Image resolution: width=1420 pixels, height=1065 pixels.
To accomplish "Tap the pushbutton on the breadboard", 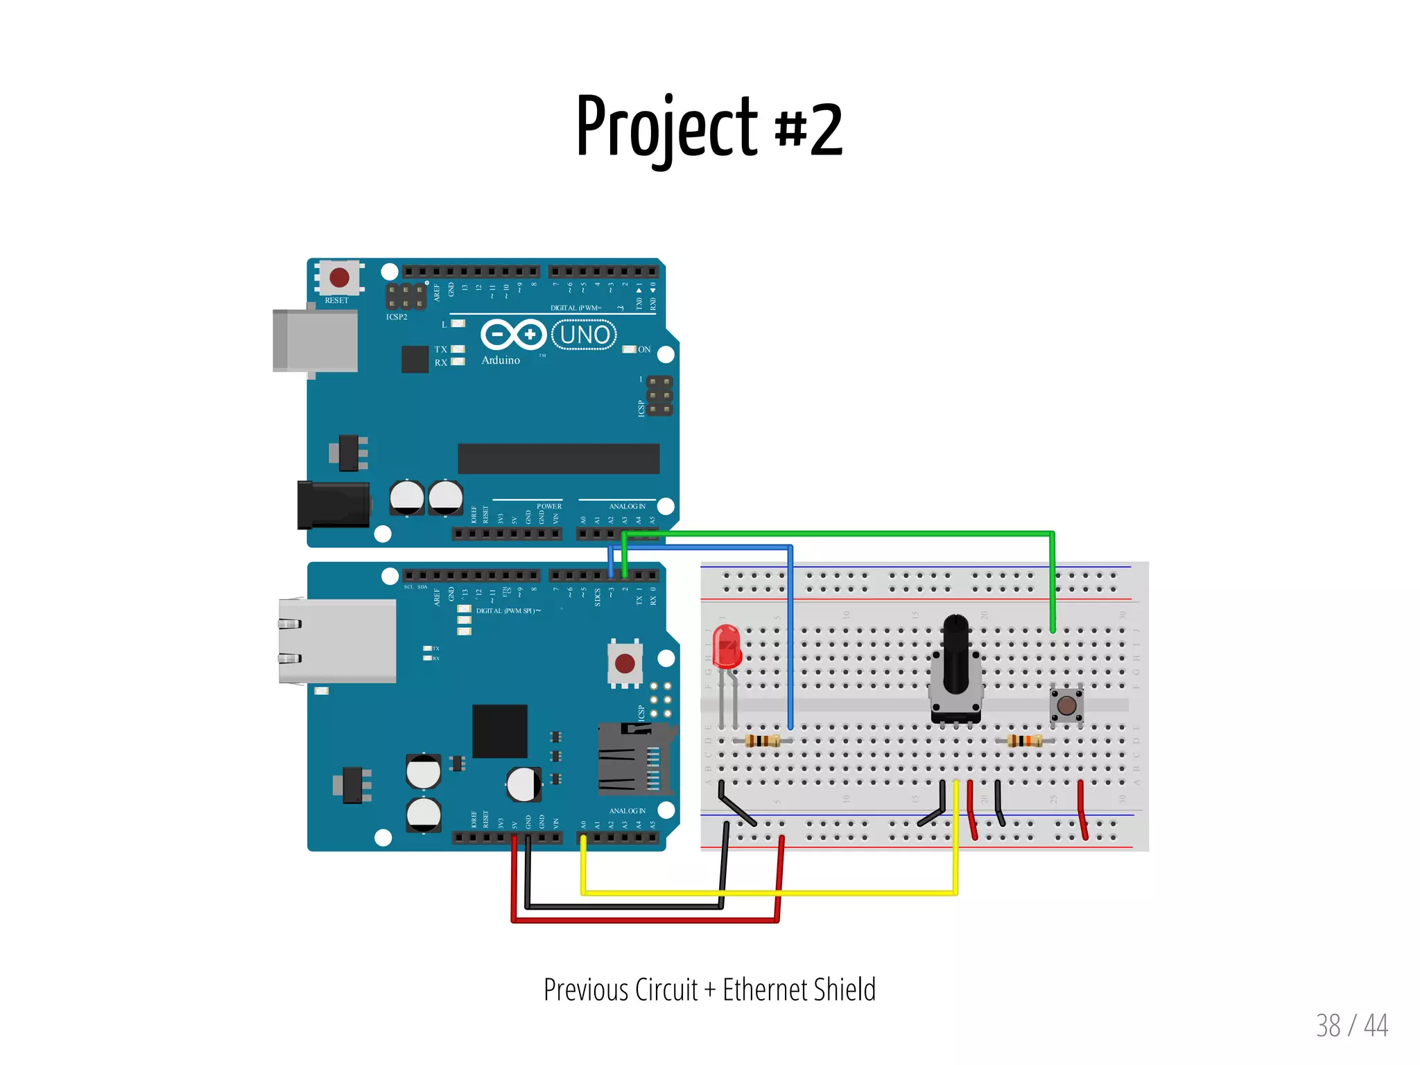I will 1066,705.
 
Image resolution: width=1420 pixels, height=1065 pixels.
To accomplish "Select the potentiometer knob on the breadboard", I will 955,655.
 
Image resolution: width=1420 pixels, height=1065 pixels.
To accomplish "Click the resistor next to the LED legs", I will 762,741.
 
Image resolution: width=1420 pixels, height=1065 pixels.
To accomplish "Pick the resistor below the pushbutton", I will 1025,741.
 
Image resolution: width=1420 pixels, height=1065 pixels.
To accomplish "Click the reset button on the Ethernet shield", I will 625,663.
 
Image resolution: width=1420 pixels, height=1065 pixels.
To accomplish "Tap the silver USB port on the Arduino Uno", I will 316,340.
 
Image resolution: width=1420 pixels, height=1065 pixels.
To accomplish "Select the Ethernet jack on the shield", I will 338,641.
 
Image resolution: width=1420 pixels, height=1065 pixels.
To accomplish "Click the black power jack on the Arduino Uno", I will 333,504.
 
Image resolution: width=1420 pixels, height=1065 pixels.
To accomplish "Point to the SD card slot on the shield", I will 634,759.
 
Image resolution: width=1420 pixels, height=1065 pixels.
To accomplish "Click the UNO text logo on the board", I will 585,335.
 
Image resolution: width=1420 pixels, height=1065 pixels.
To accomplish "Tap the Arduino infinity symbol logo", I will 513,335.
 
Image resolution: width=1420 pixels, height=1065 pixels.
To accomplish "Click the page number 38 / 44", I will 1351,1026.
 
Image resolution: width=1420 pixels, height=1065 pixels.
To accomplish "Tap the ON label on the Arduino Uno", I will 644,349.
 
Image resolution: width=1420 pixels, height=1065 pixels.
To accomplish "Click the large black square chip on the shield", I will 499,732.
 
